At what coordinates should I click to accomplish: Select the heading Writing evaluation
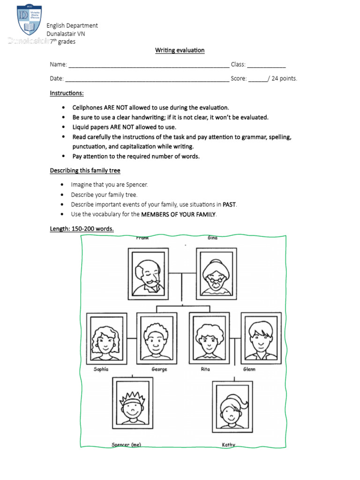180,50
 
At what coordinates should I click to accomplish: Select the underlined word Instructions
67,93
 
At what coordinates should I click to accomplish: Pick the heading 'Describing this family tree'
85,171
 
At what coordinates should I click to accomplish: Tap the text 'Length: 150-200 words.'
82,229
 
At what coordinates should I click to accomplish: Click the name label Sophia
101,369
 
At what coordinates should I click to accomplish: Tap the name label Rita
205,369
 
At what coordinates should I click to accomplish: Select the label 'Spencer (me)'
126,444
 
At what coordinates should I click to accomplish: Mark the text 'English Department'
72,26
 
